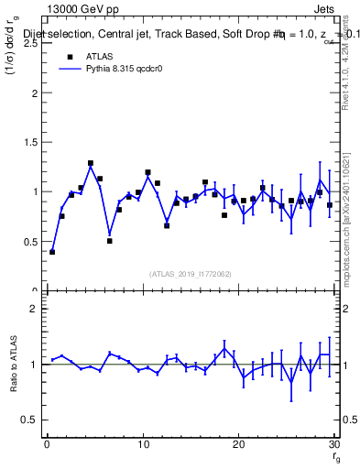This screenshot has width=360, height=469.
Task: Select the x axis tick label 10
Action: click(142, 445)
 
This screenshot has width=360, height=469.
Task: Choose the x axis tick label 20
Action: click(238, 445)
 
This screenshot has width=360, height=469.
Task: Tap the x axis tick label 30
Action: click(333, 445)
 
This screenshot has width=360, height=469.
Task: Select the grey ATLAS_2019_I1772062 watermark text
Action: click(191, 273)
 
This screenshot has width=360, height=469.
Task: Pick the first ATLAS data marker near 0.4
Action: click(52, 252)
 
